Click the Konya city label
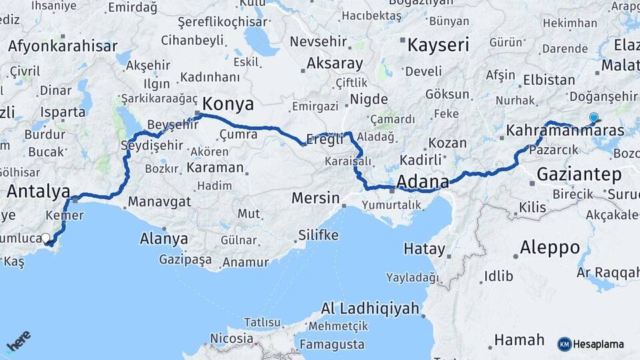coord(228,105)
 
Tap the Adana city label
coord(423,182)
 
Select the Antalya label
coord(38,192)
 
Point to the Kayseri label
coord(438,45)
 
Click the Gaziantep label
coord(579,175)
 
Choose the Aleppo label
coord(549,248)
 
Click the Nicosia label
coord(231,338)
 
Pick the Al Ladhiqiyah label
coord(371,309)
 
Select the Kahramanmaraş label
coord(565,131)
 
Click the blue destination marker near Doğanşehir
coord(593,118)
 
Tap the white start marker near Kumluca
coord(45,238)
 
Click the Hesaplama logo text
coord(598,344)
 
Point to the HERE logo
coord(18,342)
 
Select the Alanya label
coord(164,239)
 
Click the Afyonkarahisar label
coord(63,47)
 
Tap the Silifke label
coord(318,236)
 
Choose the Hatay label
coord(425,249)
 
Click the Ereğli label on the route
coord(325,139)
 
